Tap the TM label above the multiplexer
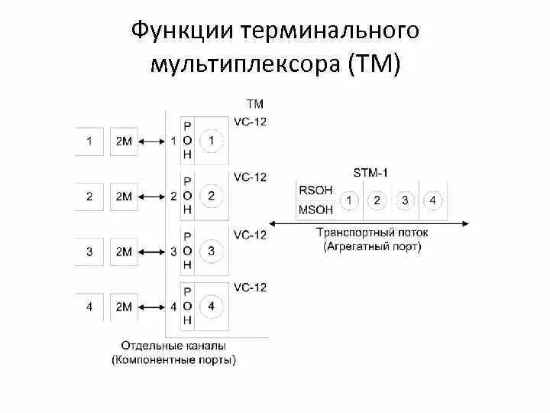tap(256, 103)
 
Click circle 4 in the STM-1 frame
tap(432, 201)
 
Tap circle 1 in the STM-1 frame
tap(349, 201)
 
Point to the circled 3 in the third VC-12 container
tap(212, 251)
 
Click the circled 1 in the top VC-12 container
tap(212, 141)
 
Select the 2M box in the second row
tap(124, 197)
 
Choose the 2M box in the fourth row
tap(124, 307)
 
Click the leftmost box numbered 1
tap(89, 141)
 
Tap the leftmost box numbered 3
tap(89, 252)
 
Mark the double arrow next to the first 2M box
tap(154, 141)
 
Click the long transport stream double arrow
tap(370, 223)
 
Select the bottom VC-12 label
tap(250, 288)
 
